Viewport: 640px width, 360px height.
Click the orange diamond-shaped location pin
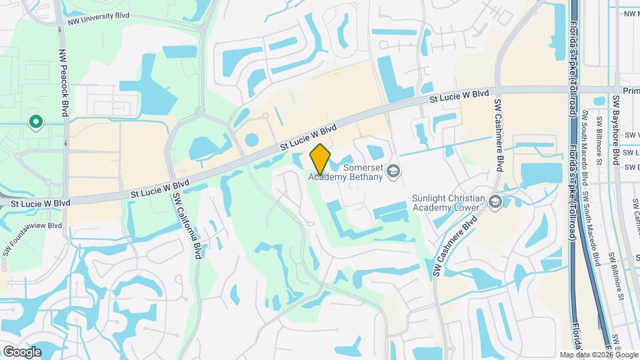320,159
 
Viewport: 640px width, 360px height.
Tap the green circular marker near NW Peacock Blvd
35,122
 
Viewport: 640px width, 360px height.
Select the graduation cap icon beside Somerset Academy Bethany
393,171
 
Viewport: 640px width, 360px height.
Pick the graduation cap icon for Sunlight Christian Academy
495,201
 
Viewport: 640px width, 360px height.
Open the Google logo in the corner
22,351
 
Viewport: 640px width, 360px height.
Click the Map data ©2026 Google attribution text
599,355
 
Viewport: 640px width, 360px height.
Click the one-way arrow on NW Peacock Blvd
66,143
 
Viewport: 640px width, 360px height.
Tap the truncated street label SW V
631,134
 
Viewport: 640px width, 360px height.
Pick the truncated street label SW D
631,167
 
